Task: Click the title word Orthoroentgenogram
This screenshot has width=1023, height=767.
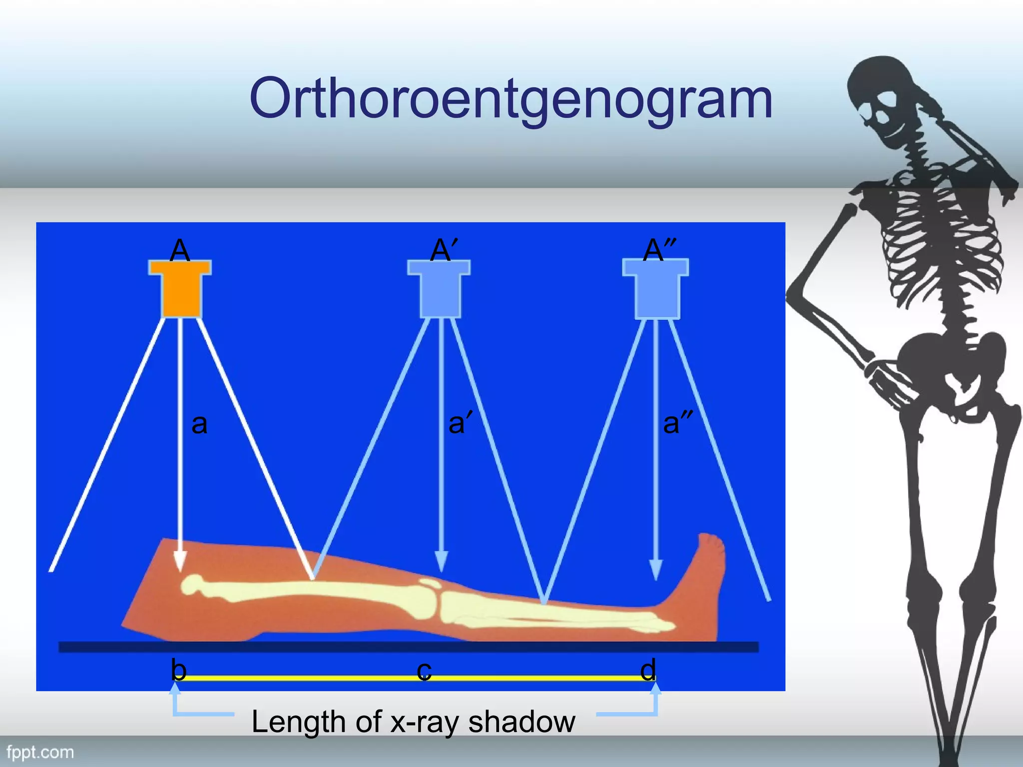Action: (x=511, y=99)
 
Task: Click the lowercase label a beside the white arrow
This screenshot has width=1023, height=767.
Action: (x=199, y=424)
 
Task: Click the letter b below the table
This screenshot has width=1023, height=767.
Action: (x=178, y=670)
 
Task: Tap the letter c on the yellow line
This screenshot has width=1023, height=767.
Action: (x=424, y=671)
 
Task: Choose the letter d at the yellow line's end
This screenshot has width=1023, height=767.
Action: (x=648, y=670)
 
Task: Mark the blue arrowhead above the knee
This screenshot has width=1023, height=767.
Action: (x=441, y=561)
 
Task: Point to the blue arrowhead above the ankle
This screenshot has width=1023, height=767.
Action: (x=655, y=569)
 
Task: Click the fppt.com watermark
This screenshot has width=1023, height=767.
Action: (x=40, y=752)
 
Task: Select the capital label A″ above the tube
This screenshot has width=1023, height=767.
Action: (x=659, y=250)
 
